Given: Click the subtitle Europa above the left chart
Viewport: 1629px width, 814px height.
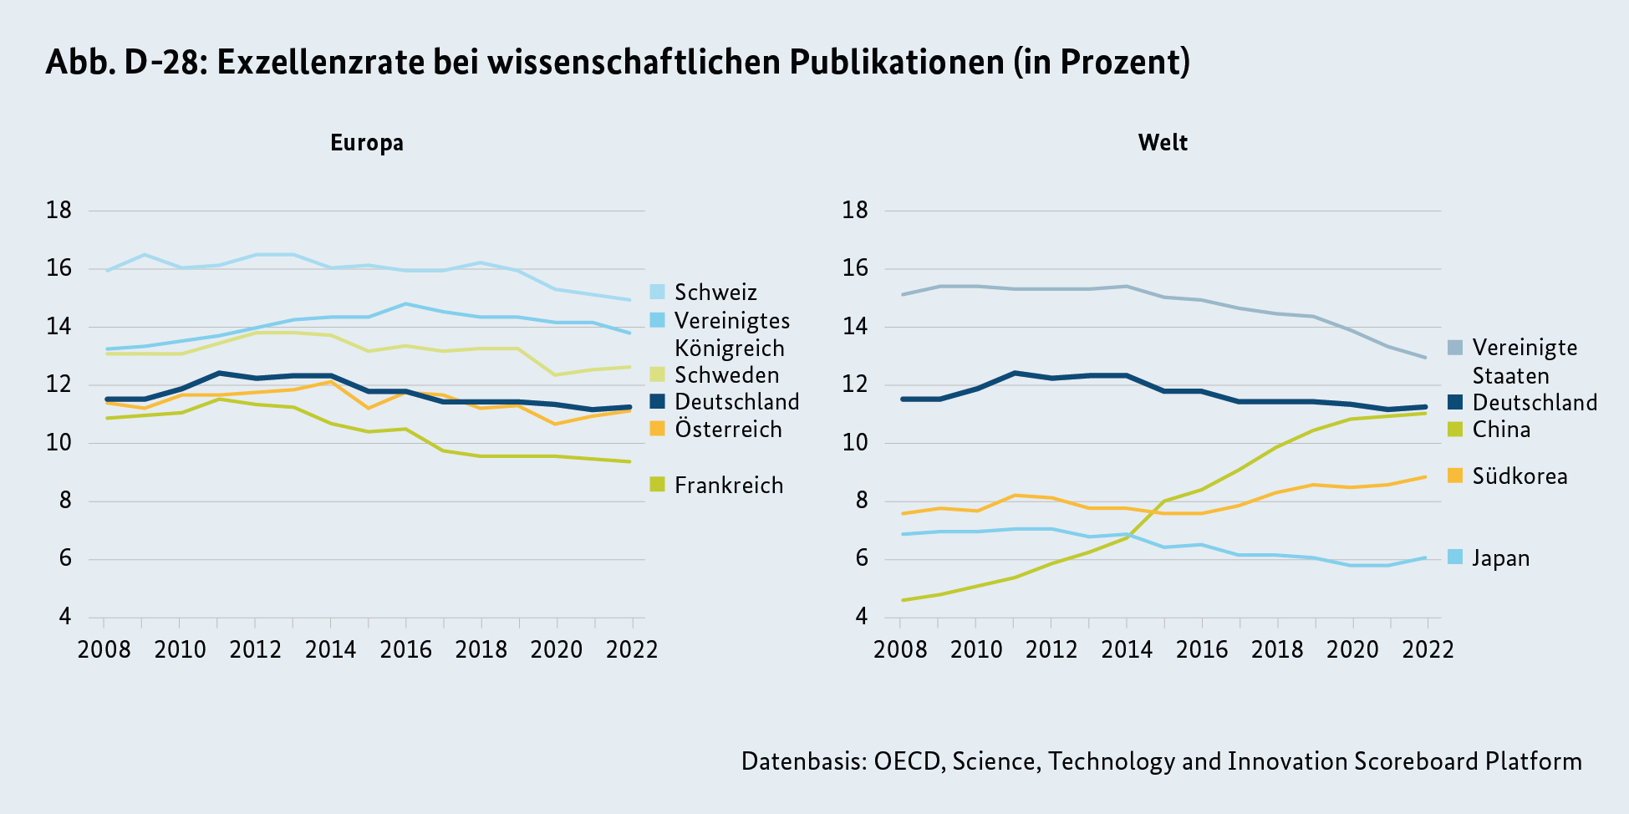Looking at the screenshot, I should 367,143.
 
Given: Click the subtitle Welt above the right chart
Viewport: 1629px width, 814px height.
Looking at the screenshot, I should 1163,143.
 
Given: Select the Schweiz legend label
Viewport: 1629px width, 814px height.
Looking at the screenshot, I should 715,293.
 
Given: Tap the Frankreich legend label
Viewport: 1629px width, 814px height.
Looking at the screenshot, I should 729,486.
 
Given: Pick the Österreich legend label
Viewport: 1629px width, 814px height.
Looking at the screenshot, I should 728,430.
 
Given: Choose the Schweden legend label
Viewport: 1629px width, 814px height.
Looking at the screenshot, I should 726,375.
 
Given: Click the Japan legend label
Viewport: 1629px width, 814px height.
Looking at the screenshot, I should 1500,558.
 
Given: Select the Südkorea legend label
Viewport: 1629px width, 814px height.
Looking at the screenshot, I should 1520,476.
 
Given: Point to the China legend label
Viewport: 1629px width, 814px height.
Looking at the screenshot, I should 1501,430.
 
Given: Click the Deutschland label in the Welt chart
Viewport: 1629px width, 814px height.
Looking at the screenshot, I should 1535,403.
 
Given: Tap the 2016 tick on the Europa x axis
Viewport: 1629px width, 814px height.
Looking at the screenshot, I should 406,649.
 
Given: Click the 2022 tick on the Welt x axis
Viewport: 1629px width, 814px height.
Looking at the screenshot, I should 1428,649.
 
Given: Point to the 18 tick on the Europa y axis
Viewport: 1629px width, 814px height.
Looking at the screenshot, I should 59,211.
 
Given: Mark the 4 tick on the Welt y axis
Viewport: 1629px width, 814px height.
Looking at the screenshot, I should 862,617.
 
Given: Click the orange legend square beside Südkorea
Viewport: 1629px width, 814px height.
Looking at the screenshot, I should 1455,476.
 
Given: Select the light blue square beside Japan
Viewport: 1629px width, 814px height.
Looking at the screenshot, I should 1455,557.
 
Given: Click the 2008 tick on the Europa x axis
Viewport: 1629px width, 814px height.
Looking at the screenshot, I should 104,649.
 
